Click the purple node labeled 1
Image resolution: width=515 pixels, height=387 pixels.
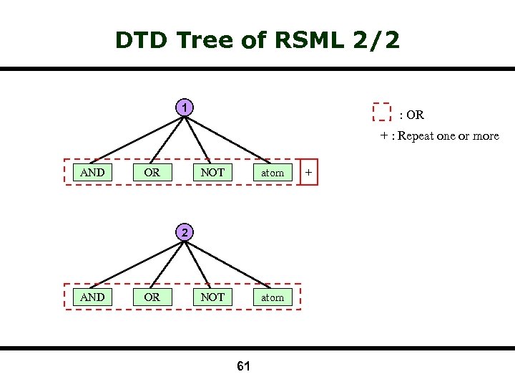coord(185,108)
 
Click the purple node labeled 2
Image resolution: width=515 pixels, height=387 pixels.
coord(185,232)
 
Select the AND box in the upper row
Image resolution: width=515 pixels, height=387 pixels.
coord(92,172)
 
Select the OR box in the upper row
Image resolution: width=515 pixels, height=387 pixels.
coord(152,172)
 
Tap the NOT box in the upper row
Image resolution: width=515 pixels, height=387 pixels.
coord(212,172)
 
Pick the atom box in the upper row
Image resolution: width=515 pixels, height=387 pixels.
coord(273,173)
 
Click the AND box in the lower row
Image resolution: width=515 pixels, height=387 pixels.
coord(92,297)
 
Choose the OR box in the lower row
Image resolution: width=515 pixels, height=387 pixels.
coord(152,297)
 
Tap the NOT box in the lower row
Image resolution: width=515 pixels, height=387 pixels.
coord(212,297)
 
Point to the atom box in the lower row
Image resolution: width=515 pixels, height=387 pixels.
coord(273,297)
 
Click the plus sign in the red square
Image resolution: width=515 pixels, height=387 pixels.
coord(308,173)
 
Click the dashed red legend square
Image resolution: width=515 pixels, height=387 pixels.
coord(382,112)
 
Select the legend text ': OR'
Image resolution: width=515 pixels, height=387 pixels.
coord(411,115)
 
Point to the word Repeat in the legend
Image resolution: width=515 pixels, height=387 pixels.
coord(416,136)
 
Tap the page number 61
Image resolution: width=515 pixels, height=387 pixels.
coord(243,367)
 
